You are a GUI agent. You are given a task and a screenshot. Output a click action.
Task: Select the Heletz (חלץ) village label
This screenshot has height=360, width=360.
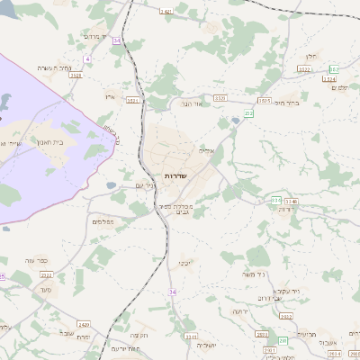click(310, 56)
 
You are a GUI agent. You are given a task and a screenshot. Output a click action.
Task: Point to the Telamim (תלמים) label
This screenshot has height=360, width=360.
click(339, 88)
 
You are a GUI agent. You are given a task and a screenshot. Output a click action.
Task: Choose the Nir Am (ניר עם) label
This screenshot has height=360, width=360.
click(144, 185)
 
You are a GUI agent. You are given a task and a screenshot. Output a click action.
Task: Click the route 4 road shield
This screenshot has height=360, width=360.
click(87, 58)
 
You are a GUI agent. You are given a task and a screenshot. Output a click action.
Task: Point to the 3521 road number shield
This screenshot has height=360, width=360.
click(133, 101)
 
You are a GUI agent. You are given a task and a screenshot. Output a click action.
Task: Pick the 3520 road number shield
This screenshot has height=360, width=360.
click(220, 97)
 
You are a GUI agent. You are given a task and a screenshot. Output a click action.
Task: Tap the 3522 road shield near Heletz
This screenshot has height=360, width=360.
click(304, 68)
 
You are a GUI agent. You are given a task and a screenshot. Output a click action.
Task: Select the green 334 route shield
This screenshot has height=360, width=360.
click(276, 200)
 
